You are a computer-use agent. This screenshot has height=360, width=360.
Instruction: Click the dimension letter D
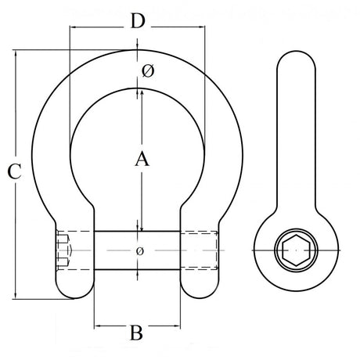pyautogui.click(x=138, y=21)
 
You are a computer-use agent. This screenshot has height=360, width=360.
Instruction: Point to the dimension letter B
pyautogui.click(x=135, y=333)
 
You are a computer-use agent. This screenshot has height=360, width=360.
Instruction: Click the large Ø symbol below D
pyautogui.click(x=148, y=73)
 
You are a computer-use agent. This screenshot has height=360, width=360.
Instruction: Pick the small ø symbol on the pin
pyautogui.click(x=139, y=250)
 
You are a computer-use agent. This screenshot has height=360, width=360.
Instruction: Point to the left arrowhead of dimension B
pyautogui.click(x=97, y=323)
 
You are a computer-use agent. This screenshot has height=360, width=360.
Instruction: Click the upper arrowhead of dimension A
pyautogui.click(x=141, y=92)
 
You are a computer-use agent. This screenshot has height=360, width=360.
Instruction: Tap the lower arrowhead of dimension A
pyautogui.click(x=141, y=227)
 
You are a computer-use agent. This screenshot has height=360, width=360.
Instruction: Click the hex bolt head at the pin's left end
pyautogui.click(x=63, y=251)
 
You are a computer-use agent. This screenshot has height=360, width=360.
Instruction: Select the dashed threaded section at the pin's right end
pyautogui.click(x=202, y=251)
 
